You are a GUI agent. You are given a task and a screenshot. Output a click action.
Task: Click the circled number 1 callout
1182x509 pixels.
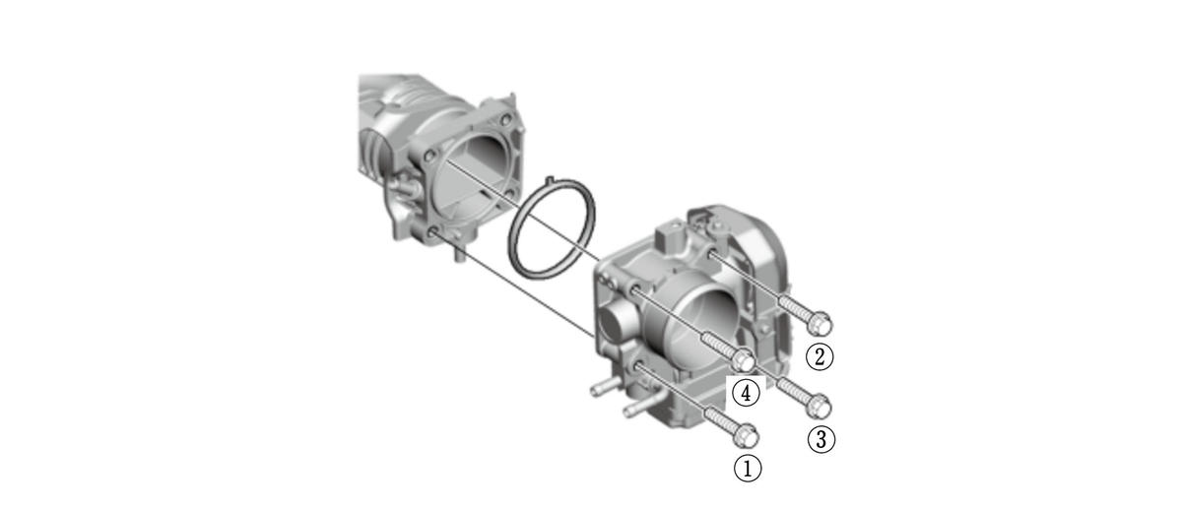[748, 468]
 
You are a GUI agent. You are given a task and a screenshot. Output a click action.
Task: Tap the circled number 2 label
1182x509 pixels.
[819, 356]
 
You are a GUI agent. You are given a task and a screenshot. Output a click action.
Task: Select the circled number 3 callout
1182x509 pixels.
[821, 439]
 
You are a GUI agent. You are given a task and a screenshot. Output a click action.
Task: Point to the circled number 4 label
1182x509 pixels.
[746, 393]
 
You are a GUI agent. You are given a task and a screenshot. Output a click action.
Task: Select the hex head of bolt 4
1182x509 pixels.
[744, 360]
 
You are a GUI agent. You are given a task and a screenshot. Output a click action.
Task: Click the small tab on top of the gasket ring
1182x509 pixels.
[550, 180]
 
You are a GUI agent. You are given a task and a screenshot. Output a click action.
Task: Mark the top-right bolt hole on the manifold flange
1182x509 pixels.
[506, 119]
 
